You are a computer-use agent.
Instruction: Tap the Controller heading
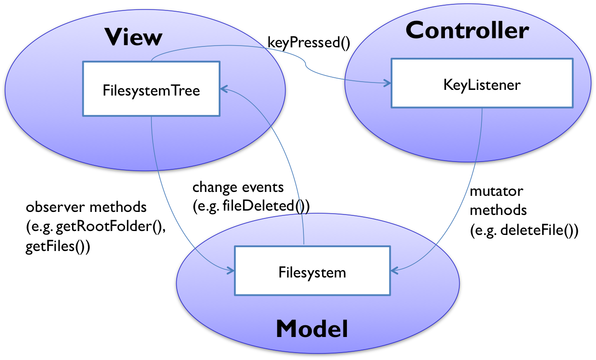tap(467, 31)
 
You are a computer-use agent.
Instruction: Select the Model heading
tap(312, 329)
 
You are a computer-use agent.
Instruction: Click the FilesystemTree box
tap(151, 89)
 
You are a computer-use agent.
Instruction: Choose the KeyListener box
tap(482, 83)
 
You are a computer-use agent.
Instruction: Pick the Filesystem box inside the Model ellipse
tap(312, 271)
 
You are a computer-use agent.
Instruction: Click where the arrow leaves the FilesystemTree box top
tap(151, 61)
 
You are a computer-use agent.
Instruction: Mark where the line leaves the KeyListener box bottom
tap(482, 108)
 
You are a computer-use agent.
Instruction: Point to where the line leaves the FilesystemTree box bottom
tap(151, 116)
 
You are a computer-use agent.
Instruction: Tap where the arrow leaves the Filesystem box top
tap(304, 246)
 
